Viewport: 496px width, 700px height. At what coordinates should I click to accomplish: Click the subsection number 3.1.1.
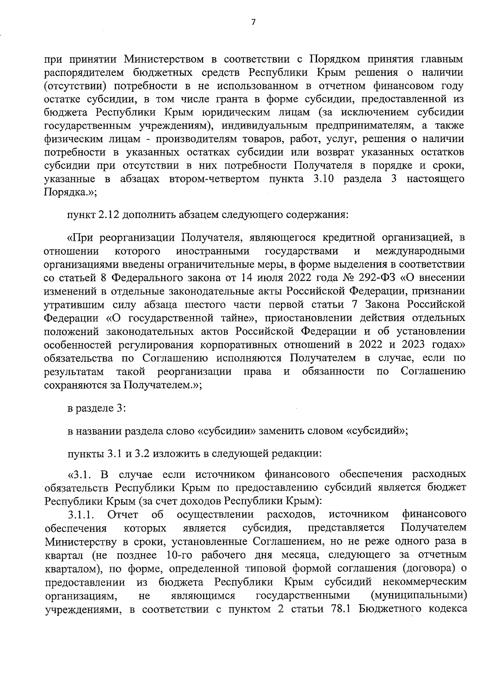click(82, 515)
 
